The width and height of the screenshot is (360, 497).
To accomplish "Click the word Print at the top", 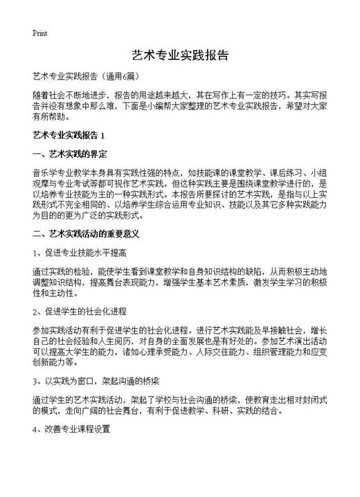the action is click(x=39, y=33).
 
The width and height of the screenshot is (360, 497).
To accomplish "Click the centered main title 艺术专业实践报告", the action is click(x=179, y=55).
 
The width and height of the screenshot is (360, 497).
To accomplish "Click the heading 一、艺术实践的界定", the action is click(x=69, y=153).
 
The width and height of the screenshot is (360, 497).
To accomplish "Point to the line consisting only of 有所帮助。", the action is click(x=51, y=118).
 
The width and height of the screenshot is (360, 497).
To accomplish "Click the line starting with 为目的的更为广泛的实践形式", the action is click(x=111, y=216).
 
